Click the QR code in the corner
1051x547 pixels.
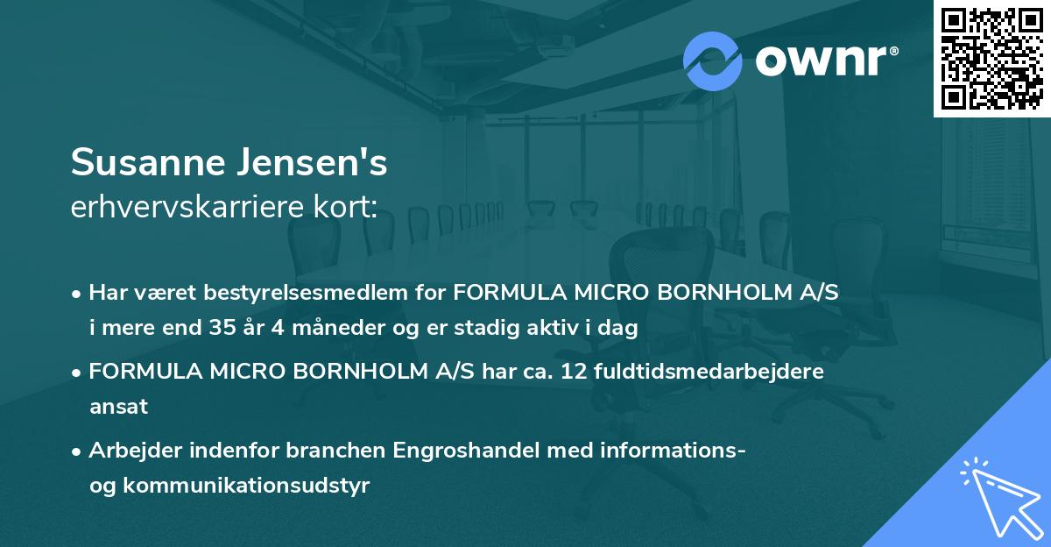tap(991, 58)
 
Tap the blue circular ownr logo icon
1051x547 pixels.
tap(713, 60)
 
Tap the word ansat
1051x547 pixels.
tap(118, 407)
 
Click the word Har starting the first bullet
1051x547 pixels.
tap(108, 293)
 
